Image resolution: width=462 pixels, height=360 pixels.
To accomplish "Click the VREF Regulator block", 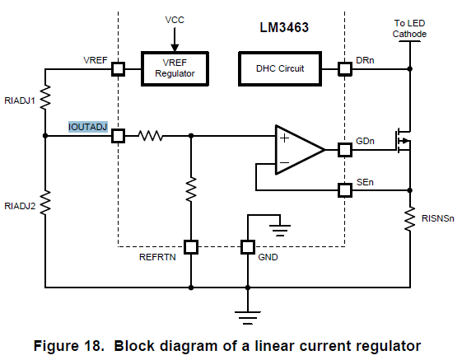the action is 175,68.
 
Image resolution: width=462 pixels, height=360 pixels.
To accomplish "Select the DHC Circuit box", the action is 280,68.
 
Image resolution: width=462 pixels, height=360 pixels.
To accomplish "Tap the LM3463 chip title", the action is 284,27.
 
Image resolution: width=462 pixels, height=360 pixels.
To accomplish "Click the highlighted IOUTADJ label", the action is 88,127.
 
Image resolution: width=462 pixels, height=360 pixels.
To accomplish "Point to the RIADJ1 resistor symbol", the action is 45,97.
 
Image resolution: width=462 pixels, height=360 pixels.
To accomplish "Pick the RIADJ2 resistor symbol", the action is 45,203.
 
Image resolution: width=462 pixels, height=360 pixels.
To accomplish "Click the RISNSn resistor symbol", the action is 409,219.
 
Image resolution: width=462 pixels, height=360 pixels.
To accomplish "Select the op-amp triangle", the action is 300,150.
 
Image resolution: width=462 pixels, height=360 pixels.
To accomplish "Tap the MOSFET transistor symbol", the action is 403,141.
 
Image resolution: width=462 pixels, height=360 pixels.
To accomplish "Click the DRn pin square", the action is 345,69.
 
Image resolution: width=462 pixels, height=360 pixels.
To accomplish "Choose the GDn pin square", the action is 345,150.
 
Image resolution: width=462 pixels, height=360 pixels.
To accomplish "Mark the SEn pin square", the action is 345,190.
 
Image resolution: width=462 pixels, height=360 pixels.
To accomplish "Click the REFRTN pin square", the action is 191,247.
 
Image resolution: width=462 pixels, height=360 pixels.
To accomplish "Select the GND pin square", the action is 248,247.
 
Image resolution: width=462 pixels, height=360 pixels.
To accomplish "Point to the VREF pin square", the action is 118,69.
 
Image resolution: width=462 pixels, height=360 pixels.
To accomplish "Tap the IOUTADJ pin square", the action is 118,136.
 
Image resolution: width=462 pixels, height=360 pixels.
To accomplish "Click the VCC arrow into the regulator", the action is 175,40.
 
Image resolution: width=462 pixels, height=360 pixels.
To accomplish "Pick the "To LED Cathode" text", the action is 409,29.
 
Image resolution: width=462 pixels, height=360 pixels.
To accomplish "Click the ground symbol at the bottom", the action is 248,318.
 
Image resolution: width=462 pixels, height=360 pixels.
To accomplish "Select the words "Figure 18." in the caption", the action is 69,346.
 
